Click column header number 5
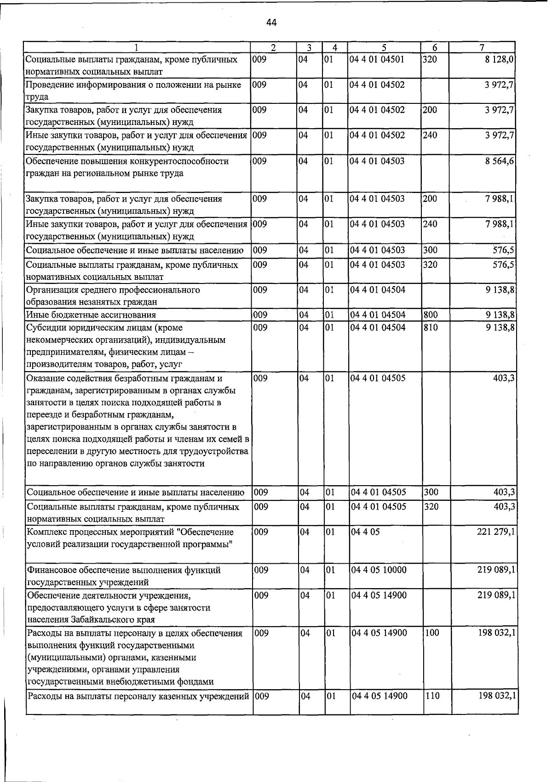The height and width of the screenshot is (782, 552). coord(384,47)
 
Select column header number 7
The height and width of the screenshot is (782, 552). coord(481,47)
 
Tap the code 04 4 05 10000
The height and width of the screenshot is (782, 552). coord(379,570)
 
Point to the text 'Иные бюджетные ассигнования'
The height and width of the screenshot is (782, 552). coord(91,315)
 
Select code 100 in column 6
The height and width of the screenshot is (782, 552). coord(432,633)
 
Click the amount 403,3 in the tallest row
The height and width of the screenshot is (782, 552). coord(504,378)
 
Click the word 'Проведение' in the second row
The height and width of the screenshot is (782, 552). coord(47,85)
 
